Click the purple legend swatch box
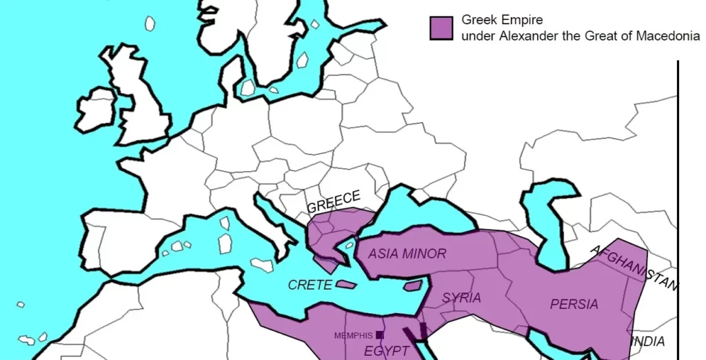[441, 28]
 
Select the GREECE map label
[334, 202]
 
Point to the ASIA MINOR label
[407, 254]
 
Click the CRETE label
[310, 285]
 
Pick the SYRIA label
[461, 298]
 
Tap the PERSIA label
[574, 304]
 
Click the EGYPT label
[386, 351]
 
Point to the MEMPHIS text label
[353, 336]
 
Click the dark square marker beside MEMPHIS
[379, 335]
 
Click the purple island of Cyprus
[413, 286]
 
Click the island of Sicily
[262, 264]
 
